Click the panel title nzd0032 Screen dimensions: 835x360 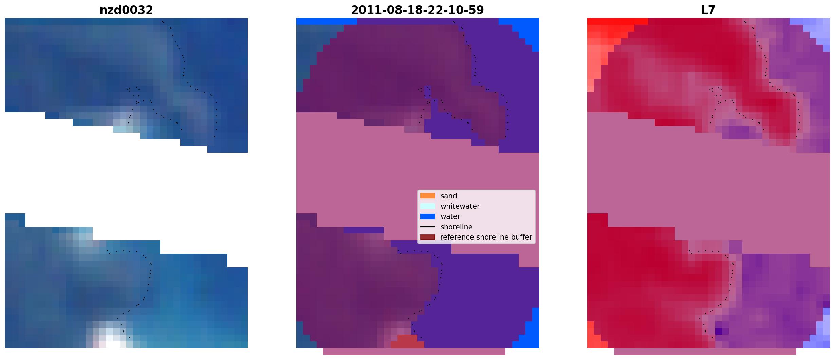click(x=126, y=10)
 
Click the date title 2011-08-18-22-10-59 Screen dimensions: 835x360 click(x=417, y=10)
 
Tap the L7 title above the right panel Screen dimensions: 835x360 click(x=708, y=10)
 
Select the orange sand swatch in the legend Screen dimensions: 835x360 click(x=428, y=196)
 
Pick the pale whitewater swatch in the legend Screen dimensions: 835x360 click(x=428, y=206)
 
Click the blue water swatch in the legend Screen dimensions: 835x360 click(x=428, y=216)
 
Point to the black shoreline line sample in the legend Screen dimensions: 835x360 click(x=428, y=227)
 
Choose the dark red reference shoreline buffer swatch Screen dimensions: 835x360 click(x=428, y=237)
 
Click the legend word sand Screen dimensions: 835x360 click(x=449, y=196)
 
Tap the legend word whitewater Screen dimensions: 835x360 click(x=460, y=206)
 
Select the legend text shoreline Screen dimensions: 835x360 click(x=457, y=227)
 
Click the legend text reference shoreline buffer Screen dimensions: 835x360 click(x=486, y=237)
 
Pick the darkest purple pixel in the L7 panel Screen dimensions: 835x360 click(x=719, y=331)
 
